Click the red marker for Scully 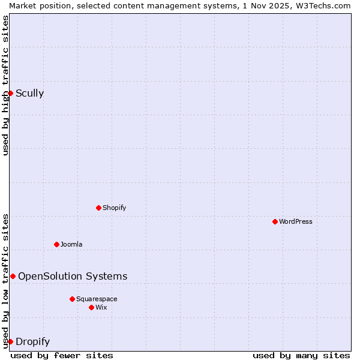click(x=10, y=93)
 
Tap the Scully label click(x=29, y=93)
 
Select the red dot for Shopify click(x=98, y=208)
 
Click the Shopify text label click(x=114, y=208)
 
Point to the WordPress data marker click(x=275, y=221)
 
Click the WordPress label click(x=295, y=221)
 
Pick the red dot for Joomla click(x=56, y=244)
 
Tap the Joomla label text click(x=71, y=244)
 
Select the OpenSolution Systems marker click(x=13, y=276)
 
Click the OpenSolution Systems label click(x=73, y=276)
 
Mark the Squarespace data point click(x=72, y=299)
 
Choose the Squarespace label click(x=97, y=299)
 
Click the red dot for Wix click(x=91, y=307)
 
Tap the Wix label click(x=101, y=307)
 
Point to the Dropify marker click(x=10, y=341)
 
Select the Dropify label click(x=32, y=341)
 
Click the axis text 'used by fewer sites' click(x=62, y=355)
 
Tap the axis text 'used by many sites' click(x=301, y=355)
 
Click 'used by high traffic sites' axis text click(x=5, y=85)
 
